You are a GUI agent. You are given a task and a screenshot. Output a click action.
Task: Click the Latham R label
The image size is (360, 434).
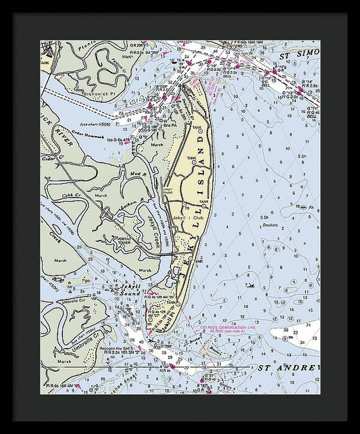[x=128, y=203]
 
